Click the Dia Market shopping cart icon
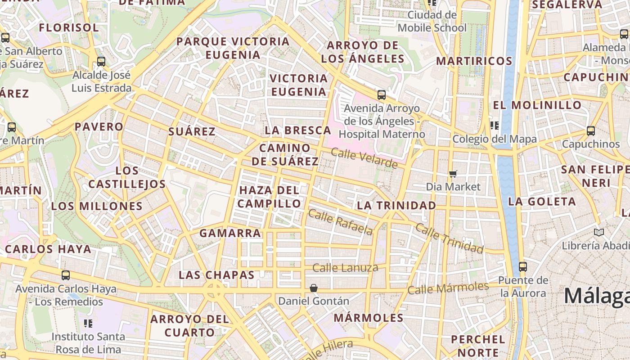[x=453, y=174]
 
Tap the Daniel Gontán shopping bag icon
[x=314, y=288]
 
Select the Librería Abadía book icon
[x=598, y=232]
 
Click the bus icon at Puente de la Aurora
[x=522, y=266]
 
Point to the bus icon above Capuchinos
[x=590, y=131]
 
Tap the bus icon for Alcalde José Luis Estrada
[x=101, y=62]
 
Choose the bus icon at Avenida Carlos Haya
[x=66, y=275]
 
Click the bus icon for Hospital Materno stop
[x=382, y=95]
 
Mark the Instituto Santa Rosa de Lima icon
[x=88, y=323]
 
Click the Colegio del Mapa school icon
[x=495, y=126]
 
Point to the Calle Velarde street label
[x=364, y=158]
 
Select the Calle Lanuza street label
[x=345, y=268]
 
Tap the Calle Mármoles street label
[x=448, y=288]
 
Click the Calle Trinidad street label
[x=449, y=238]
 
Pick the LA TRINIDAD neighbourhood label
[x=396, y=206]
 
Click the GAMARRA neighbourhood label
[x=230, y=233]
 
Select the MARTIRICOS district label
[x=474, y=61]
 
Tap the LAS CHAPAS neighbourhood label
[x=216, y=274]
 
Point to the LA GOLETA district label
[x=542, y=202]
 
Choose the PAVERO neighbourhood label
[x=99, y=126]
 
